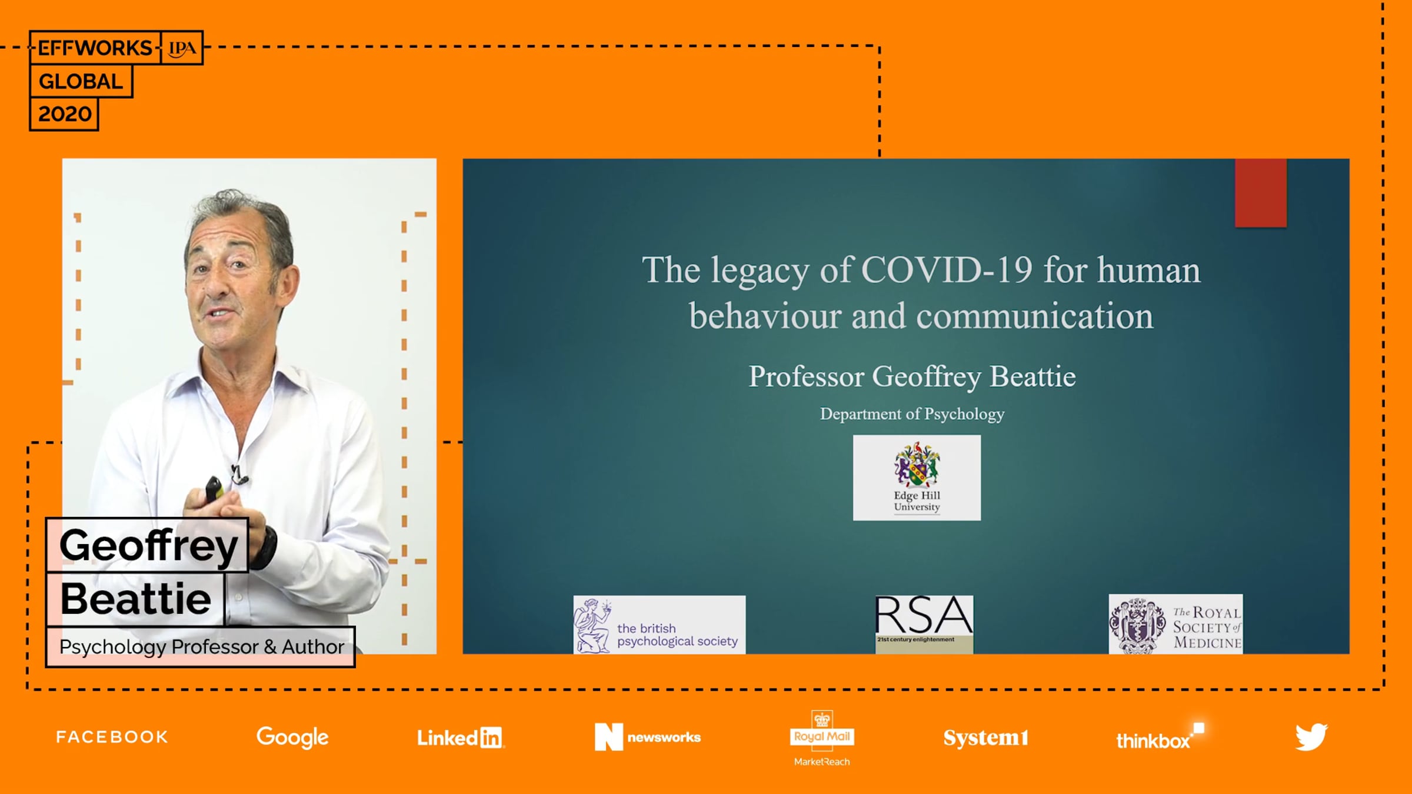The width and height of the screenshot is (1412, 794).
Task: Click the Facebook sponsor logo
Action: point(112,737)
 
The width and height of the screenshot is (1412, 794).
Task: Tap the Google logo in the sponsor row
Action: point(292,738)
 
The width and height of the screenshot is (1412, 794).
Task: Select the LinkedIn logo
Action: point(461,738)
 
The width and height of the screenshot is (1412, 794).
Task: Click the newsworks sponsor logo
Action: point(648,737)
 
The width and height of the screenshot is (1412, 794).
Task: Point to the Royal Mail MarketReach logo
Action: point(822,739)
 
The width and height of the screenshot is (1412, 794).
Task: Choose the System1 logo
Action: point(986,738)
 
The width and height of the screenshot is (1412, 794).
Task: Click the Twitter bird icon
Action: point(1311,737)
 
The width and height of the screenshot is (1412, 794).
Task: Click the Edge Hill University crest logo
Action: point(917,478)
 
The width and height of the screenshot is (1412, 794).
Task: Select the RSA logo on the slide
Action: point(924,624)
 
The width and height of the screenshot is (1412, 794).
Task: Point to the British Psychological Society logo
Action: point(660,625)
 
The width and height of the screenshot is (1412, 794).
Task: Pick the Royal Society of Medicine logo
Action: point(1176,624)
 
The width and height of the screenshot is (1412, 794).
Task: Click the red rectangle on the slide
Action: point(1261,193)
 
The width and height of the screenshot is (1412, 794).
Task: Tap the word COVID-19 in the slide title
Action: point(947,270)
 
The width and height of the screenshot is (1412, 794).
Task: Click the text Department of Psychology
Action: point(913,414)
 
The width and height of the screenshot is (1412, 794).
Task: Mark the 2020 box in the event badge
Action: point(64,114)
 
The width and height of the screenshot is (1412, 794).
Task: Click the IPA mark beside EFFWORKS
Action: point(182,48)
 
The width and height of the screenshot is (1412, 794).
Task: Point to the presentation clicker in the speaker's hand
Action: point(213,489)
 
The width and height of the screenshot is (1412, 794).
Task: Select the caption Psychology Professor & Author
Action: point(201,647)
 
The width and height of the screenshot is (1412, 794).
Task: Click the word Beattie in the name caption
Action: point(136,599)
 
